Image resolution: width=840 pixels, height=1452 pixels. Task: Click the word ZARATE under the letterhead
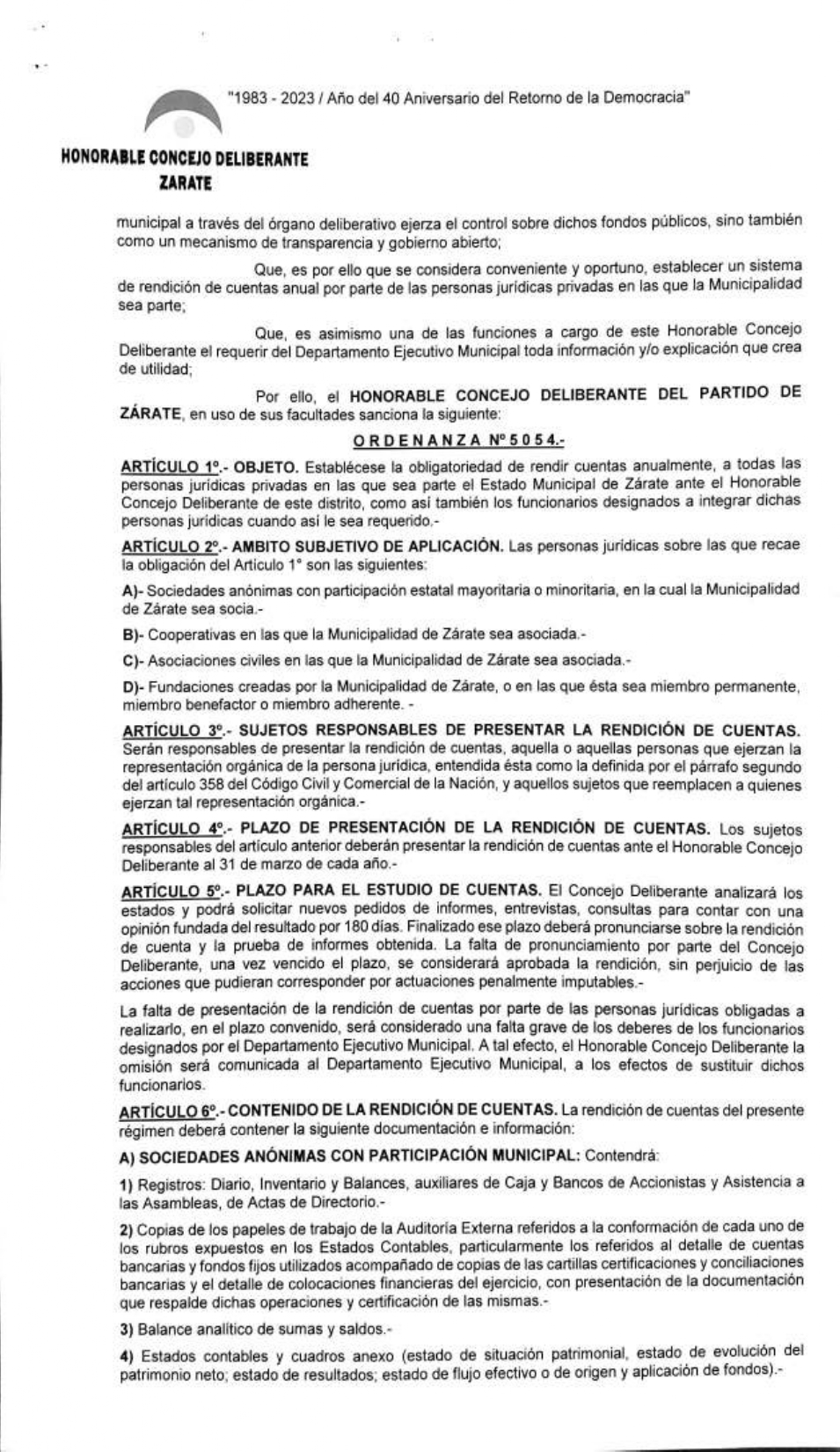186,184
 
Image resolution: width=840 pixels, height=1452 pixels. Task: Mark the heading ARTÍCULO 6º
171,1111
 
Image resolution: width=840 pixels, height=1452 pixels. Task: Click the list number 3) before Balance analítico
127,1328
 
